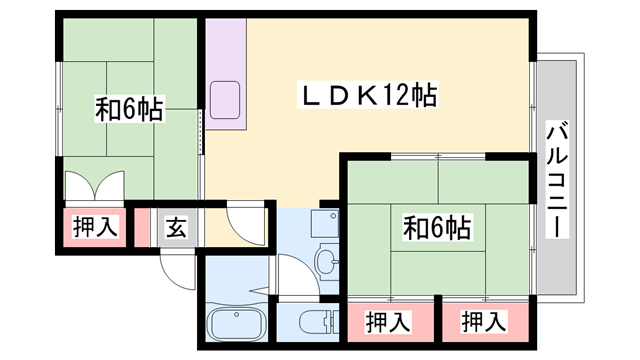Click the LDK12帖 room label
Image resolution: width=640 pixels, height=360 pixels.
(x=369, y=96)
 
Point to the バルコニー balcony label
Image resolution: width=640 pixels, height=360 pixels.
(x=557, y=180)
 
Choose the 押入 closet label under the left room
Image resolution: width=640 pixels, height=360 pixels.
(x=95, y=227)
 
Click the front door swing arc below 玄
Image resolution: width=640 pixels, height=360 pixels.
(x=175, y=267)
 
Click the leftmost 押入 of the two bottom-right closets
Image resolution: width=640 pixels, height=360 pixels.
(x=388, y=322)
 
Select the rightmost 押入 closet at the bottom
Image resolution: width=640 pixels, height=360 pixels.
(x=484, y=322)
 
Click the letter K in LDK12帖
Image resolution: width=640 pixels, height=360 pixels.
(x=368, y=96)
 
